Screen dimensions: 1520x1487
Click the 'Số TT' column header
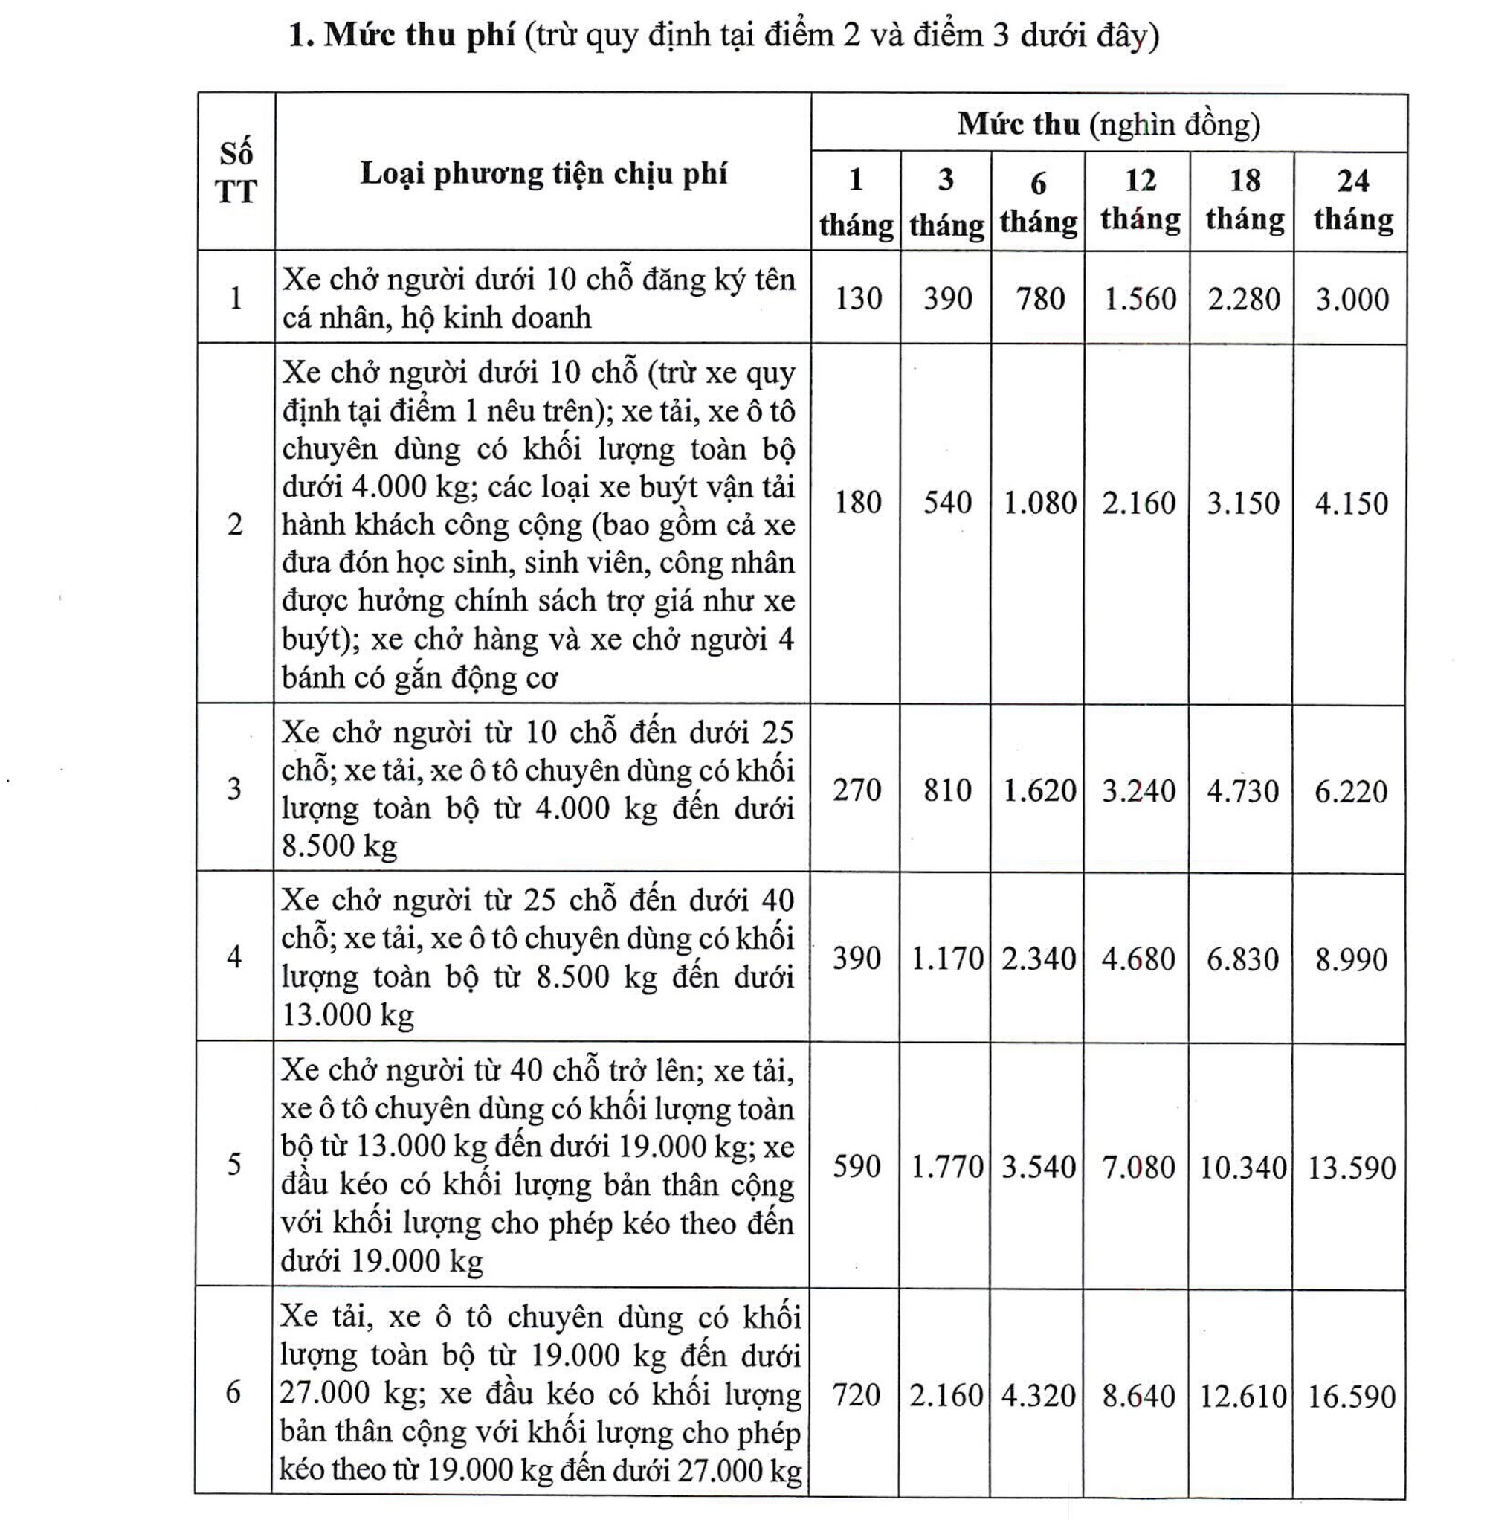[236, 173]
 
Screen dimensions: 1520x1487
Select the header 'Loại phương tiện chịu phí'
[543, 173]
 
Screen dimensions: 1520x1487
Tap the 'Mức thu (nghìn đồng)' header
[1109, 124]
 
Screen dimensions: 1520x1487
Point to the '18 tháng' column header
[1244, 201]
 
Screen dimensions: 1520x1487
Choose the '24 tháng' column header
[1352, 201]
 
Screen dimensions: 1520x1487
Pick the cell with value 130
[857, 298]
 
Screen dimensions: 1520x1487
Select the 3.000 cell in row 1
[1352, 299]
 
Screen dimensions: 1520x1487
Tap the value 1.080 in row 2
[1039, 502]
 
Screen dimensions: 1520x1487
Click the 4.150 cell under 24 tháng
[1351, 502]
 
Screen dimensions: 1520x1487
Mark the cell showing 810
[947, 790]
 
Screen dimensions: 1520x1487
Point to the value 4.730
[1242, 790]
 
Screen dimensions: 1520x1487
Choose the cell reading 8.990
[1351, 959]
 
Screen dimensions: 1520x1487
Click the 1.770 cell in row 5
[947, 1167]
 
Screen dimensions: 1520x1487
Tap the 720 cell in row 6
[856, 1394]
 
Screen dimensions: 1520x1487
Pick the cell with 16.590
[1351, 1396]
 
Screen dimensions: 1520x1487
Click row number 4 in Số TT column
[234, 957]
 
